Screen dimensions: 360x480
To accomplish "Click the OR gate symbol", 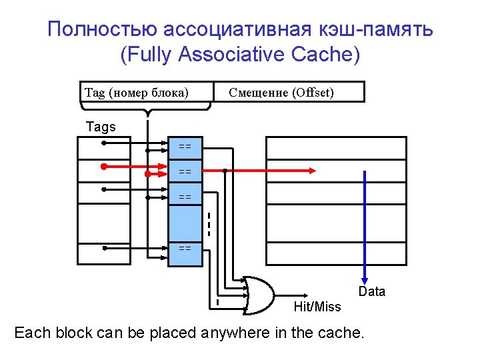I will click(259, 294).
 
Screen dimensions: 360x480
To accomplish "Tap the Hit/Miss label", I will click(317, 307).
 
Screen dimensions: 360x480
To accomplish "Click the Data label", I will click(371, 291).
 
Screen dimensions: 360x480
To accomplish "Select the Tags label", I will click(101, 127).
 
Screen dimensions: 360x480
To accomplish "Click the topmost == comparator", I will click(185, 146).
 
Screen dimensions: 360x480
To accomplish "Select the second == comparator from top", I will click(185, 171).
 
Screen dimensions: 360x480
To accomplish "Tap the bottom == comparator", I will click(185, 248).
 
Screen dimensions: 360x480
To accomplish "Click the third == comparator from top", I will click(185, 197).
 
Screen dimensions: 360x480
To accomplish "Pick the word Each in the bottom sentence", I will click(32, 332).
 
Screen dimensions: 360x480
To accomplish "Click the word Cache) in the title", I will click(326, 54).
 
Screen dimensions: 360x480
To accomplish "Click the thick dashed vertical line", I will click(209, 224).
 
